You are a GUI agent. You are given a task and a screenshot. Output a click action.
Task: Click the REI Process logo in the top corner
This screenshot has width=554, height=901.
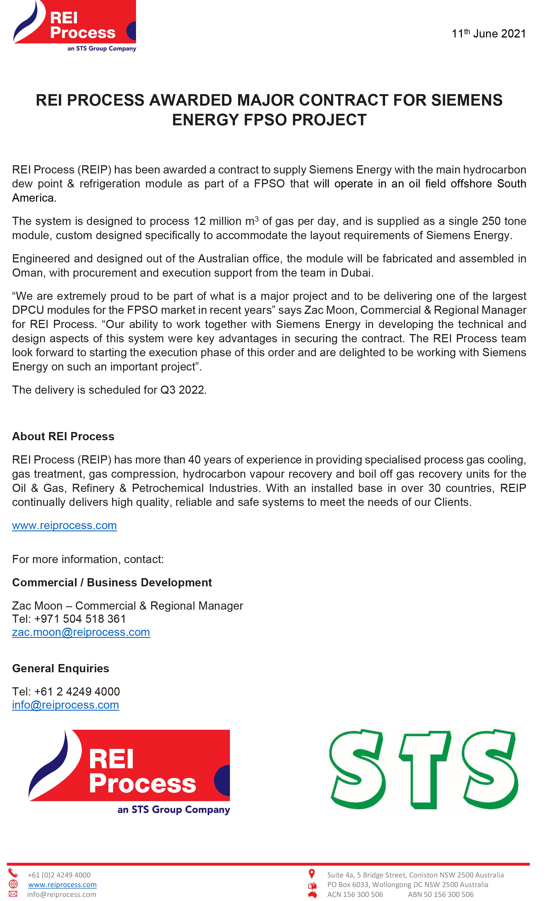click(x=75, y=26)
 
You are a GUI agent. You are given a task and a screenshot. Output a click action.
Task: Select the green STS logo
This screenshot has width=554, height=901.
click(x=423, y=769)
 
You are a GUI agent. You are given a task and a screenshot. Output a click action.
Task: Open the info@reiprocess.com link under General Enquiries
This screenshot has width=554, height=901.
click(x=66, y=705)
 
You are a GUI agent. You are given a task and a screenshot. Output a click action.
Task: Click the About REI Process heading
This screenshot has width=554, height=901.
click(x=63, y=437)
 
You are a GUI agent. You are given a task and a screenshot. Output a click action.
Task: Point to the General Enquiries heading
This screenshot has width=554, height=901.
click(x=60, y=668)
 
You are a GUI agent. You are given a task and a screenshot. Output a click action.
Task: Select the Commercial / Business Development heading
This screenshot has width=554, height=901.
click(x=112, y=583)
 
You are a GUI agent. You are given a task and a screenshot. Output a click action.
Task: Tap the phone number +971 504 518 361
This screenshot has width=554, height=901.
click(x=80, y=619)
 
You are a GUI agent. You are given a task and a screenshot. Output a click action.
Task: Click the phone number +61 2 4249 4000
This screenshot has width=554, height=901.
click(x=77, y=692)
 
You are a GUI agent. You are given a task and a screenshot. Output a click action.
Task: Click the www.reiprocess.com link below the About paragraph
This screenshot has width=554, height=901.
click(x=65, y=526)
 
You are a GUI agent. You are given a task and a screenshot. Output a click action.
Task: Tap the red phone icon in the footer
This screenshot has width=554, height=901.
click(x=13, y=873)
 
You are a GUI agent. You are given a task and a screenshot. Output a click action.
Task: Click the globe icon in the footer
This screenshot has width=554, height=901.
click(x=13, y=884)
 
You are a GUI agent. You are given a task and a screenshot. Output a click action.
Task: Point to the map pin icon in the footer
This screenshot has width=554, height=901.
click(x=312, y=874)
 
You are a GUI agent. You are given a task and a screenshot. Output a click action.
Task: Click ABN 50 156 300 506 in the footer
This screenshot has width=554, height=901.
click(x=440, y=894)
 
